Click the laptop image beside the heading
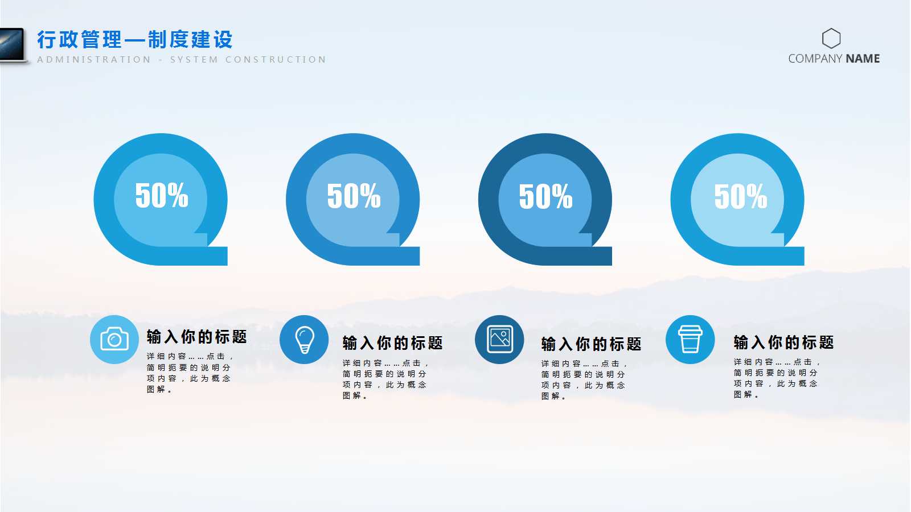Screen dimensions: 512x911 click(x=13, y=44)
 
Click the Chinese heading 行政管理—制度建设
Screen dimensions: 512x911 click(x=135, y=40)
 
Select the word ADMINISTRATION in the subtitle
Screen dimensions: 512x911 click(x=95, y=60)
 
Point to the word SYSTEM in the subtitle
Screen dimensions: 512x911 click(x=194, y=60)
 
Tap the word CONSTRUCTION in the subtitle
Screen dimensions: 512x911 click(x=276, y=60)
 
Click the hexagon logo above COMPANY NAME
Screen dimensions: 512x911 click(x=831, y=39)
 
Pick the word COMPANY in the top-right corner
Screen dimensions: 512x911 click(x=815, y=59)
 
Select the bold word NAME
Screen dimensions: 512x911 click(x=863, y=59)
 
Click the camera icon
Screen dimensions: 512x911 click(x=114, y=340)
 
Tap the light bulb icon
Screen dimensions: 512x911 click(x=305, y=340)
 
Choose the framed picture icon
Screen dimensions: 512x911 click(x=499, y=340)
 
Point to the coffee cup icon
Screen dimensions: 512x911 click(x=690, y=340)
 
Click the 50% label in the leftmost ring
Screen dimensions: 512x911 click(x=162, y=196)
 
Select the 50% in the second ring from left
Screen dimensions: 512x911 click(x=354, y=196)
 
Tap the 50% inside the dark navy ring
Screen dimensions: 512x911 click(x=545, y=196)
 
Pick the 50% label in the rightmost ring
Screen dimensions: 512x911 click(x=740, y=196)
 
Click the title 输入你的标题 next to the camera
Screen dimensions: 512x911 click(x=196, y=337)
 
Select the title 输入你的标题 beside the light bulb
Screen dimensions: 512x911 click(x=392, y=343)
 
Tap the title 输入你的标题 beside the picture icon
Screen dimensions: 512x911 click(x=591, y=344)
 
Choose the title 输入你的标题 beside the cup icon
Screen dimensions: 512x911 click(x=783, y=342)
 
